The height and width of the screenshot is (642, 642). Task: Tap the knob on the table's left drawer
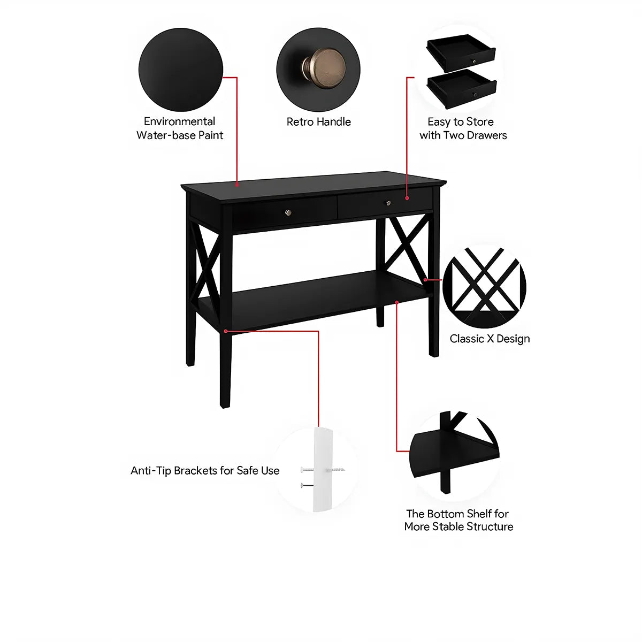288,212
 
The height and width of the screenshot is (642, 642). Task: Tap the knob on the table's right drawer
389,203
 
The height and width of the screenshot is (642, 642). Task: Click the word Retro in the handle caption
300,122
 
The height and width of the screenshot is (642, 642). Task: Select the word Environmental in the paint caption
179,121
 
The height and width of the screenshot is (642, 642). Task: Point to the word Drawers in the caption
487,135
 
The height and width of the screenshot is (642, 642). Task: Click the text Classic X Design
490,339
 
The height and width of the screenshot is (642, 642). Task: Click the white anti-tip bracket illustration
323,469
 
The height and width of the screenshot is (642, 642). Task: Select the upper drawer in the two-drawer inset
461,52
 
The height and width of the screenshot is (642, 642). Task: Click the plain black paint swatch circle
181,70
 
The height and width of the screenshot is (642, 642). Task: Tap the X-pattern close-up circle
484,286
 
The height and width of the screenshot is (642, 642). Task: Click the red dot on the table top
237,185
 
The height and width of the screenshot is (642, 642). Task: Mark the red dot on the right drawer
407,198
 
